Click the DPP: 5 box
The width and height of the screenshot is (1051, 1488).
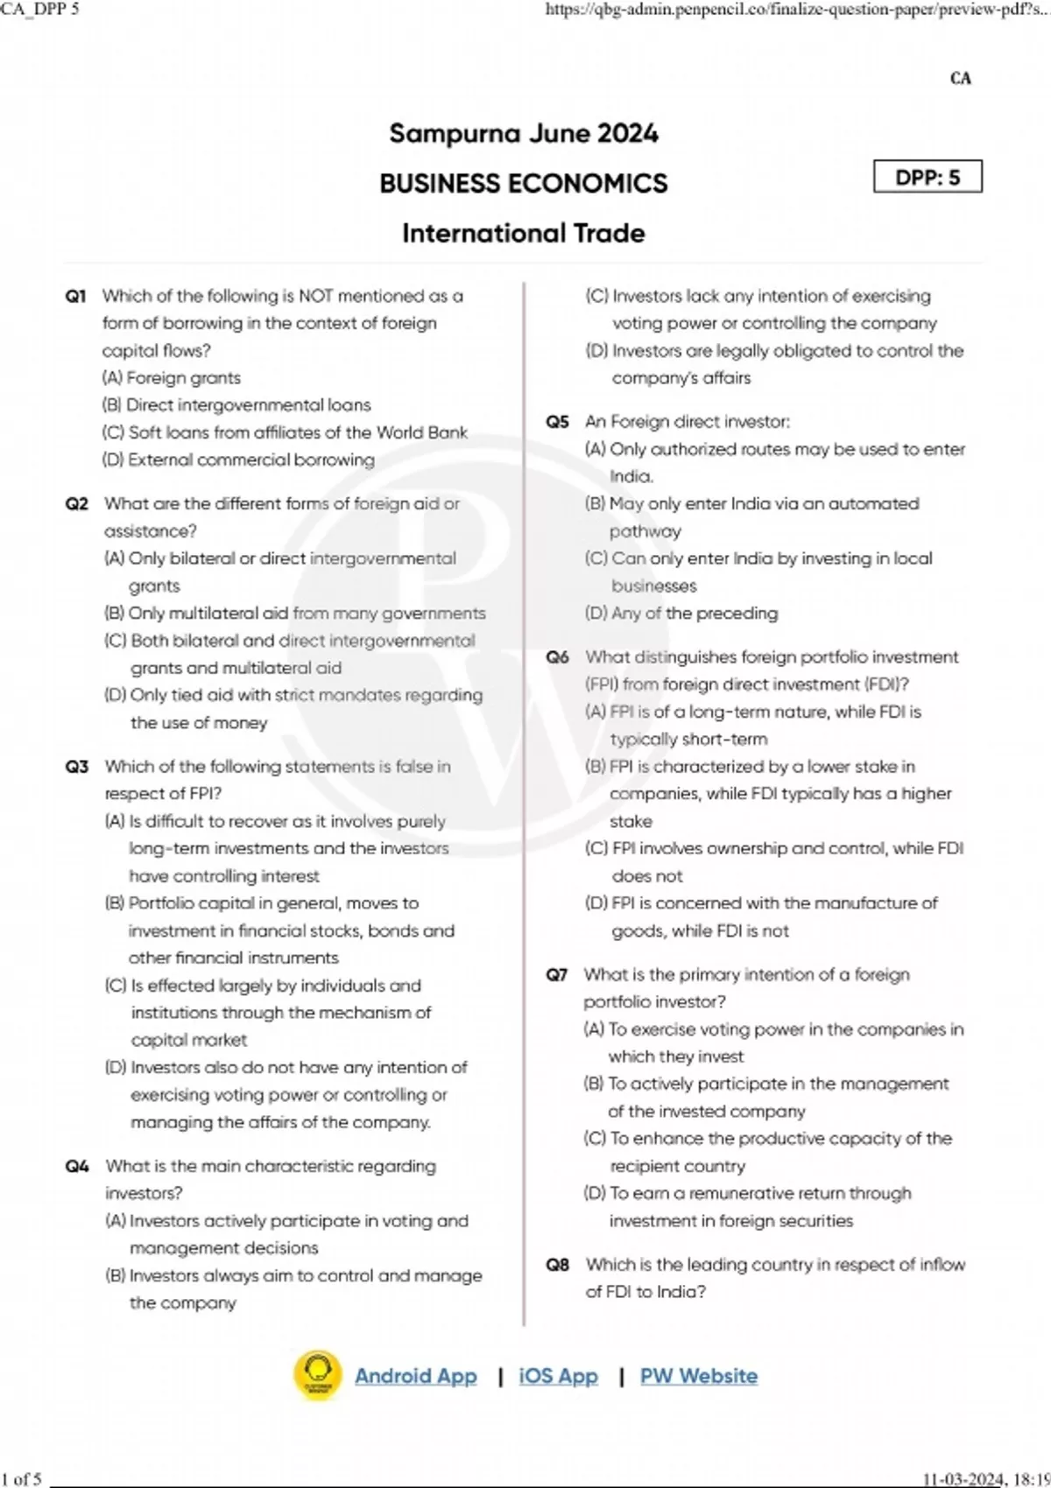click(928, 177)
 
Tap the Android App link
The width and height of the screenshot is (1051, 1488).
click(415, 1376)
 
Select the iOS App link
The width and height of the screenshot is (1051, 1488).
click(558, 1376)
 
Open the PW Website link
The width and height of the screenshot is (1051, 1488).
click(698, 1376)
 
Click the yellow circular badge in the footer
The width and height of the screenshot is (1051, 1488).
click(318, 1376)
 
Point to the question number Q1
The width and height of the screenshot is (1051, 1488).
click(75, 297)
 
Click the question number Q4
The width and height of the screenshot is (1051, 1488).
click(77, 1166)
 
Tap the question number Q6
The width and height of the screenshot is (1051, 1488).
click(558, 657)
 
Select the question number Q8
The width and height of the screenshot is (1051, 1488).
click(558, 1265)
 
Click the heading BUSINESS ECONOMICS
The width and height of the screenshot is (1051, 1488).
click(523, 184)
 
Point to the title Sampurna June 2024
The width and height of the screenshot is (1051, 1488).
click(523, 134)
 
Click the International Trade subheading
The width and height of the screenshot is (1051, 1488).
click(523, 234)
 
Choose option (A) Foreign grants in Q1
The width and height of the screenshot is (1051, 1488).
click(172, 378)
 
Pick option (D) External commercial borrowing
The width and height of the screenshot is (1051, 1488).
click(238, 460)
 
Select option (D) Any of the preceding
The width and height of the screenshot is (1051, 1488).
click(681, 614)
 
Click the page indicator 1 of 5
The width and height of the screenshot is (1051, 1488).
click(21, 1479)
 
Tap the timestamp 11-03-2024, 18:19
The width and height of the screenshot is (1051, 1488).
click(985, 1479)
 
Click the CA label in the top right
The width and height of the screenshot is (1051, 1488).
click(960, 79)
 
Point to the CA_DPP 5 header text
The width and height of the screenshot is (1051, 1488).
click(40, 10)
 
